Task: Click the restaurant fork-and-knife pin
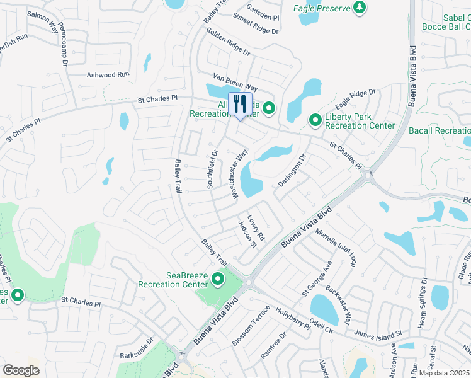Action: [x=239, y=104]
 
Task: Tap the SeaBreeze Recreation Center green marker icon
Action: [x=218, y=278]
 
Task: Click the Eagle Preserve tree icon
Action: [x=360, y=8]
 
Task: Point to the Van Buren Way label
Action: [x=235, y=82]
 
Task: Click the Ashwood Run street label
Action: [x=108, y=74]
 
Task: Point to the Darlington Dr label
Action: [x=293, y=170]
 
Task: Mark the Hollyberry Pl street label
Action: [x=292, y=319]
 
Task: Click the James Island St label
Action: [x=378, y=332]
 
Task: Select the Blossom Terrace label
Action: [x=251, y=326]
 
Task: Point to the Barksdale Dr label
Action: [x=137, y=353]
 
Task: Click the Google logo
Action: [x=21, y=370]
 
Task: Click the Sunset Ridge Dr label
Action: [x=255, y=24]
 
